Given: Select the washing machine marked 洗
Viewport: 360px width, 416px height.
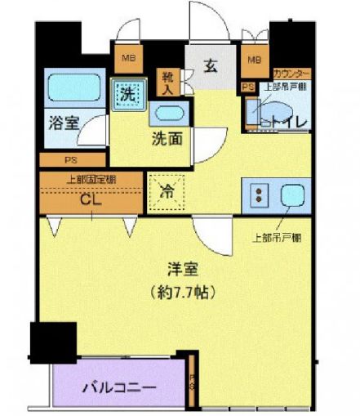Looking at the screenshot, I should tap(127, 92).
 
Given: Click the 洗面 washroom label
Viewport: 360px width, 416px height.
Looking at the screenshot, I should tap(166, 138).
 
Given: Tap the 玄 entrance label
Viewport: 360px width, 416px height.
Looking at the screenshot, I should tap(211, 65).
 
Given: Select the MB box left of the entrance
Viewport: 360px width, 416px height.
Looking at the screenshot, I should tap(128, 58).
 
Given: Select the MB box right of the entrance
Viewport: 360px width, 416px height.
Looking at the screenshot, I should tap(254, 60).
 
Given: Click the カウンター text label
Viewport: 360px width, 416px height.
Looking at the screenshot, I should tap(291, 73).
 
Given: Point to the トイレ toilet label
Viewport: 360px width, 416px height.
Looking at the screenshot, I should tap(288, 123).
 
